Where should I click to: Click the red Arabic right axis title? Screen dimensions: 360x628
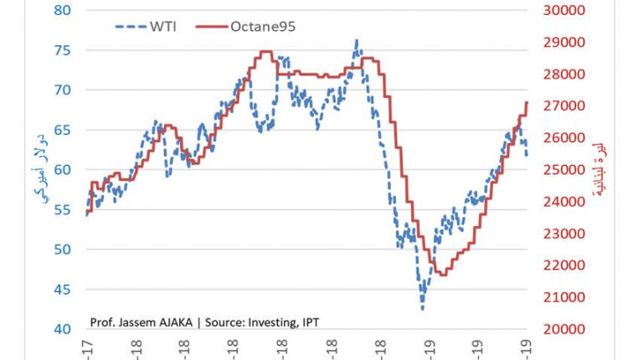tap(599, 169)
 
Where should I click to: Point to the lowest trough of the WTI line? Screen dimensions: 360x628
tap(422, 309)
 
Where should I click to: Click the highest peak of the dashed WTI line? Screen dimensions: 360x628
tap(357, 40)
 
